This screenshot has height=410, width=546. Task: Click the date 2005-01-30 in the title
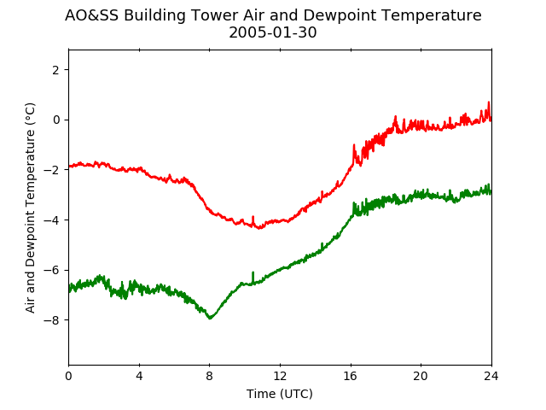point(273,32)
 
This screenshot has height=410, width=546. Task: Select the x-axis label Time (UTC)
point(280,394)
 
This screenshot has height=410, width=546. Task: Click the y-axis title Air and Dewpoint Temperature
point(31,208)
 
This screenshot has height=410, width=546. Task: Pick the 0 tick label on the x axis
point(68,376)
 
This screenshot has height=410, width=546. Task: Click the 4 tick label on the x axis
point(139,376)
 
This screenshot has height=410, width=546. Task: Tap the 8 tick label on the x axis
point(209,376)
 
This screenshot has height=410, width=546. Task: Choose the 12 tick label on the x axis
point(280,376)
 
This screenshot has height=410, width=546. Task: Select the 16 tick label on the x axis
point(351,376)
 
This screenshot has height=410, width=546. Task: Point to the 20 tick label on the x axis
point(421,376)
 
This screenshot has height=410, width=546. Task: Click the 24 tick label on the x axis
point(491,376)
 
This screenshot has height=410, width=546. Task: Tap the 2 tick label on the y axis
point(55,70)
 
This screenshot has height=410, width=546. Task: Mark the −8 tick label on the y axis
point(51,320)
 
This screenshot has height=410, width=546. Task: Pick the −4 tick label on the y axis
point(51,220)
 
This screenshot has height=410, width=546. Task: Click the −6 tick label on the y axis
point(51,270)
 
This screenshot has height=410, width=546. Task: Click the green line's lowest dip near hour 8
point(210,318)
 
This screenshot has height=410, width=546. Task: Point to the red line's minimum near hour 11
point(259,228)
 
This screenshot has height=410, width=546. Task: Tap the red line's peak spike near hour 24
point(489,102)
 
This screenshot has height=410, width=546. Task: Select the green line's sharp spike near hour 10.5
point(253,272)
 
